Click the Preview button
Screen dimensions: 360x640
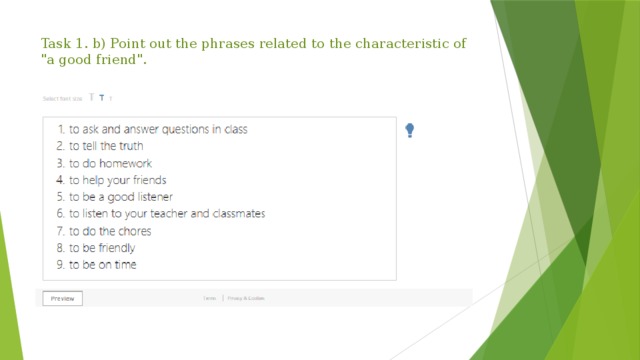coord(62,298)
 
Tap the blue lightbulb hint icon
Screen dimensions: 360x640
coord(411,130)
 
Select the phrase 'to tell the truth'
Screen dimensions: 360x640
coord(105,146)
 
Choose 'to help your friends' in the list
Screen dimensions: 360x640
coord(117,180)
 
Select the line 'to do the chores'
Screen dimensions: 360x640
coord(109,231)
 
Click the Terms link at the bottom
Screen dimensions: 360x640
coord(210,298)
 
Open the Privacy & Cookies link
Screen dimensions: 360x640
coord(246,298)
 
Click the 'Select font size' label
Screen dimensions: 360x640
coord(63,98)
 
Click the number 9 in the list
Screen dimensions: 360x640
coord(59,264)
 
